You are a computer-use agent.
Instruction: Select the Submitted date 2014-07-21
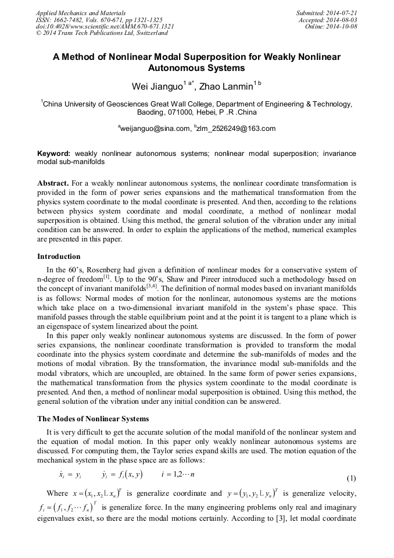click(343, 12)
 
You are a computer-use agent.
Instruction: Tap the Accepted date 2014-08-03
click(343, 19)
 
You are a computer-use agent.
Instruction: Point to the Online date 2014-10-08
click(343, 26)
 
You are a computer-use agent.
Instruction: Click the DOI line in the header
click(105, 26)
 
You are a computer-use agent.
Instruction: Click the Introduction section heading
click(59, 256)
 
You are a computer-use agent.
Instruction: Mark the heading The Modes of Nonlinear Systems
click(93, 418)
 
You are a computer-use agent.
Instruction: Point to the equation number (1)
click(351, 478)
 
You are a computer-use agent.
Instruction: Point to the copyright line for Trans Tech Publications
click(102, 33)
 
